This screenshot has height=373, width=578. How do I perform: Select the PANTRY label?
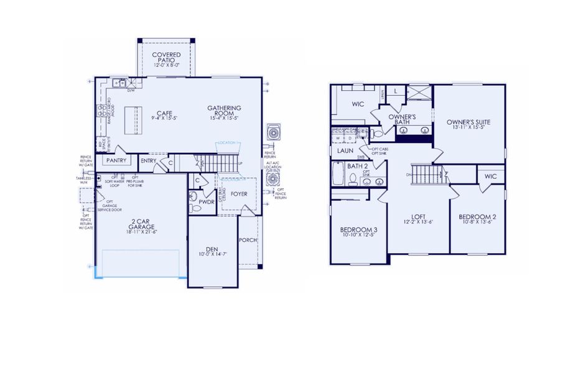pos(116,160)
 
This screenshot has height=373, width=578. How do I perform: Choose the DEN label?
pos(213,249)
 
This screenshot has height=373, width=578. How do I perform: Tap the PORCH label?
pos(249,240)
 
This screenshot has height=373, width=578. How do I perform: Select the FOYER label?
pos(239,194)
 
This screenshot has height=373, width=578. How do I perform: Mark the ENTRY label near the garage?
pos(149,161)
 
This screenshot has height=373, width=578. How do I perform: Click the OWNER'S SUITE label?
pos(468,122)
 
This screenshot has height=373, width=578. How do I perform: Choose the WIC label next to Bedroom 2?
pos(491,177)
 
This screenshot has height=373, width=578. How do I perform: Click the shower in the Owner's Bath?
pos(420,92)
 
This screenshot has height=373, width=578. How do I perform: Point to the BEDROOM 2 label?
pos(477,217)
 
